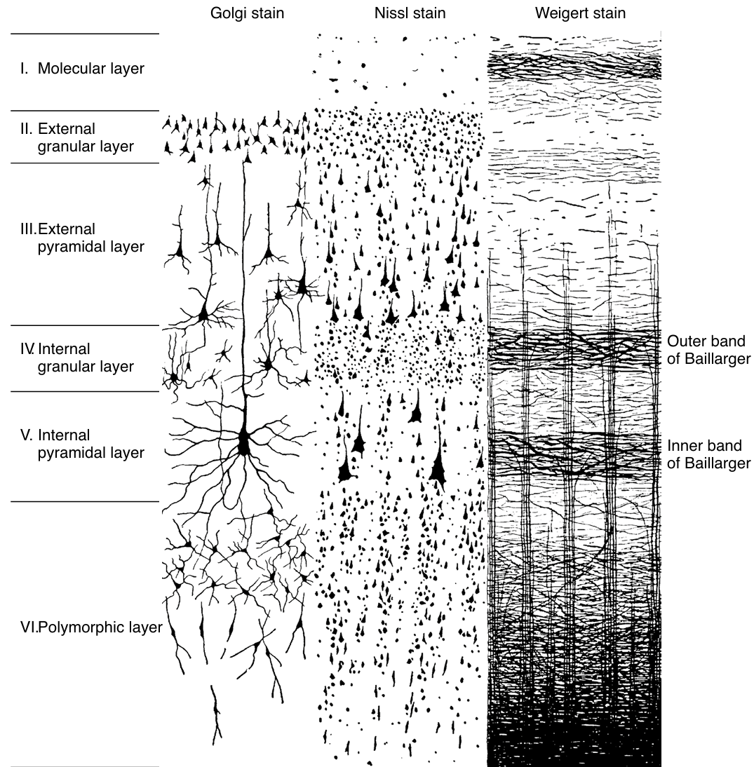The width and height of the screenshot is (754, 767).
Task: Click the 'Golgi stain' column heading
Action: click(x=248, y=13)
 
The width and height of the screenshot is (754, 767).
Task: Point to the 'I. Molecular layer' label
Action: click(x=83, y=69)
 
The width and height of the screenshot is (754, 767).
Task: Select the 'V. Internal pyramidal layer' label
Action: click(x=83, y=444)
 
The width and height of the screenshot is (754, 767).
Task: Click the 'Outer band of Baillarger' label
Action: click(x=709, y=350)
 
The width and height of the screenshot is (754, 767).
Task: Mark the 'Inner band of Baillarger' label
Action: click(x=709, y=454)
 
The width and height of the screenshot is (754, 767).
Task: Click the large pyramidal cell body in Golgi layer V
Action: click(x=244, y=442)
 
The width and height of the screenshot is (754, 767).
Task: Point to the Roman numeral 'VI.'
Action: click(x=29, y=627)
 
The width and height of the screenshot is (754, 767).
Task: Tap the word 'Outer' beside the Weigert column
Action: click(x=685, y=341)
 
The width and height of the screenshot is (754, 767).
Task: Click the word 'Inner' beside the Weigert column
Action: click(x=683, y=446)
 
